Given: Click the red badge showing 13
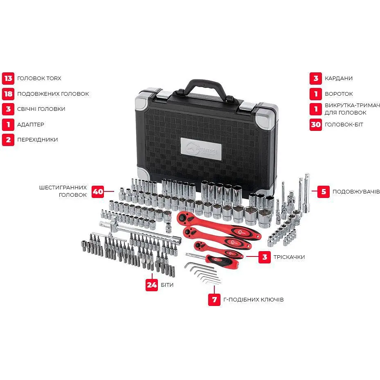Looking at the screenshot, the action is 8,78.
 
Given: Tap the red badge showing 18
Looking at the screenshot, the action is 8,94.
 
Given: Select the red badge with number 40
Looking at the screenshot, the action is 98,192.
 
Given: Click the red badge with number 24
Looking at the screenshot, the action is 152,285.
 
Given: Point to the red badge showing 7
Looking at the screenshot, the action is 214,299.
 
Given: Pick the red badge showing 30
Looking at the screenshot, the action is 316,125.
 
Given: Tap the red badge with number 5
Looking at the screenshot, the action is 324,192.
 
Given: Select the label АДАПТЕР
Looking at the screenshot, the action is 31,125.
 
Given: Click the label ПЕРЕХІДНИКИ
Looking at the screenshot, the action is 38,139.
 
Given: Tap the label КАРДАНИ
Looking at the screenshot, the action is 339,78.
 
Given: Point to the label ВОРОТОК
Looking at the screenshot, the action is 339,94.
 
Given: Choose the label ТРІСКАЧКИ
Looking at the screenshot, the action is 289,257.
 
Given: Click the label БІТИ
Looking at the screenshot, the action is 167,285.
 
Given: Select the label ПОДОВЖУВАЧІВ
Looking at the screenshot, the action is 356,192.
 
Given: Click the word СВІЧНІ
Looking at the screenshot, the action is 27,109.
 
